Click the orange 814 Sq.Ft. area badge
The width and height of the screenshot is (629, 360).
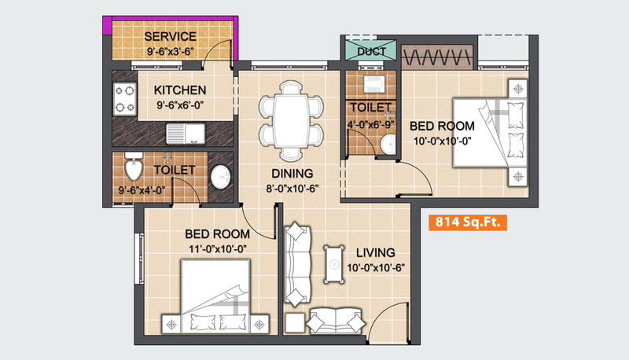468,222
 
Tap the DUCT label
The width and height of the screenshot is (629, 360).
371,51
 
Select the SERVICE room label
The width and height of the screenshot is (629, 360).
171,36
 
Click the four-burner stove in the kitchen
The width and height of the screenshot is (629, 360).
125,99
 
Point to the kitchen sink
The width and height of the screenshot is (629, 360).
186,134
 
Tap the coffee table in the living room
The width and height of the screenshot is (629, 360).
333,264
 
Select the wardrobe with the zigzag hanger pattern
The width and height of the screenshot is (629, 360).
436,57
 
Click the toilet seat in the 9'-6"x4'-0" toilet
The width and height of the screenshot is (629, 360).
133,168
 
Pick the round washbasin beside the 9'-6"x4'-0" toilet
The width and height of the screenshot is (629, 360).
221,177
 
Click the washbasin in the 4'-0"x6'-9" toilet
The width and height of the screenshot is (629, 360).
388,145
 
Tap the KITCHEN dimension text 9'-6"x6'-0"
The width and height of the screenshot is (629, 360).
180,105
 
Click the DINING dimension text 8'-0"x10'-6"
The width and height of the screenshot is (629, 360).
292,189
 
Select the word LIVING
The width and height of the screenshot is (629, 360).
376,252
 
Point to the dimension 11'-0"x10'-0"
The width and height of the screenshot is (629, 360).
218,249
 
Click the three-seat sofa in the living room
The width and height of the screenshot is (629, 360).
297,265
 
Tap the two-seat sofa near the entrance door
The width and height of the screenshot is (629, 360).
336,321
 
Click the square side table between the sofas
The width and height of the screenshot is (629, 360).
296,323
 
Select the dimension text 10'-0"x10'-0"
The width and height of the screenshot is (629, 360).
442,141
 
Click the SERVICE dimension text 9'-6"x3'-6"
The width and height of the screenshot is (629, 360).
171,51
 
